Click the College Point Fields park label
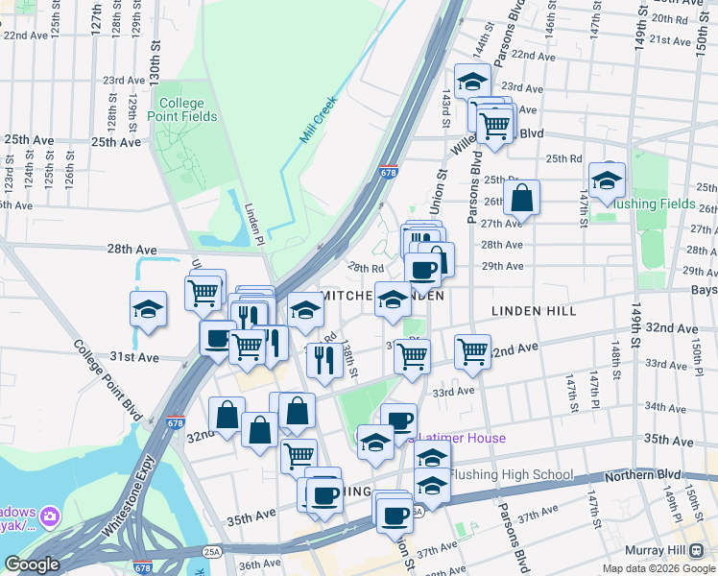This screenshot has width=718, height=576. click(x=181, y=109)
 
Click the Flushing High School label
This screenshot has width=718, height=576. click(x=511, y=474)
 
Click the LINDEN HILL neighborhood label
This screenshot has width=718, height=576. click(x=533, y=311)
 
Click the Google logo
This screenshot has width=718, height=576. click(x=32, y=564)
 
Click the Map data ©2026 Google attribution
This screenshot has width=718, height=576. click(x=658, y=568)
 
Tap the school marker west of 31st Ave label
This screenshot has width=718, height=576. click(x=149, y=309)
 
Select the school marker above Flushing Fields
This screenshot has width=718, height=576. click(x=607, y=180)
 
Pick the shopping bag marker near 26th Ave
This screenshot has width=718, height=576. click(x=521, y=199)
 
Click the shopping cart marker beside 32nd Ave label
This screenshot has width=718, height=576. click(x=472, y=352)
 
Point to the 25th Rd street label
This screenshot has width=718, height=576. click(x=563, y=158)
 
